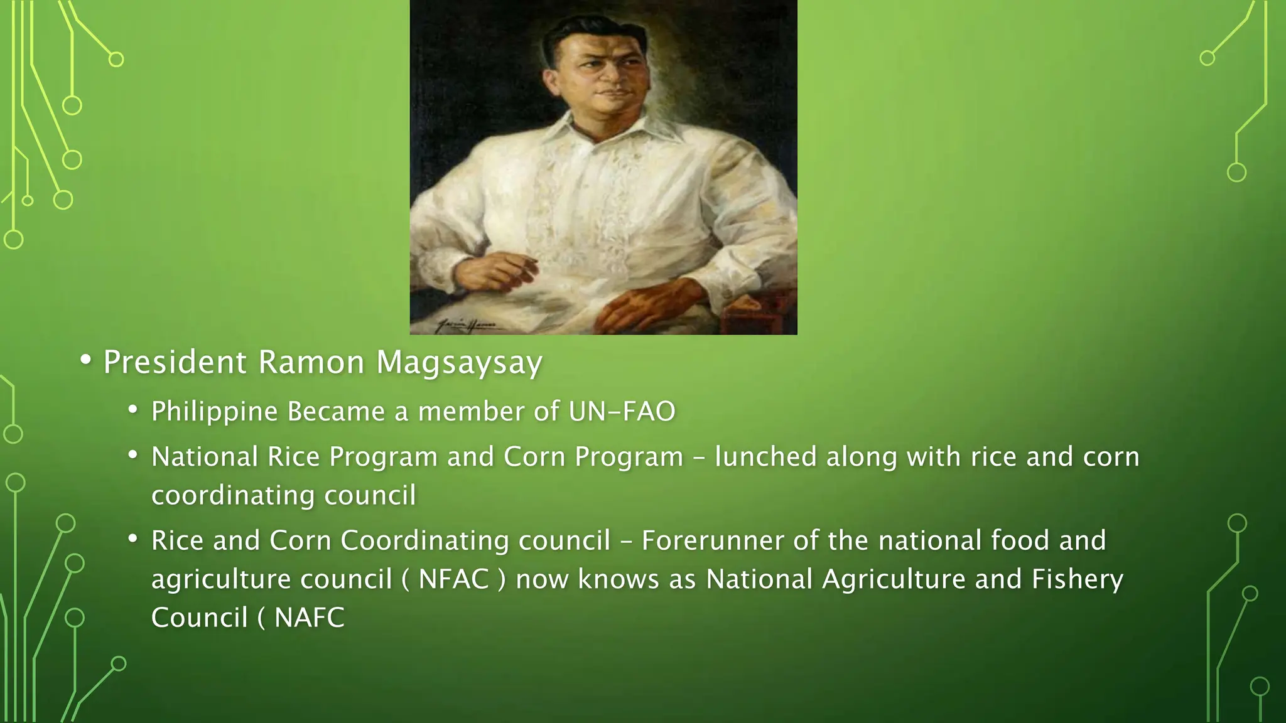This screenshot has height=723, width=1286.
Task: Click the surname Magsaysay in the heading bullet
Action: coord(459,363)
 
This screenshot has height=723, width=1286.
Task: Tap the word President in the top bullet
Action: coord(175,362)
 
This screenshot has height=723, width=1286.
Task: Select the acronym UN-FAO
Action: coord(622,412)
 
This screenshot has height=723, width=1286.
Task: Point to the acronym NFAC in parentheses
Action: coord(453,579)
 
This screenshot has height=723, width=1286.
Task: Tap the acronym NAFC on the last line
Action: coord(310,618)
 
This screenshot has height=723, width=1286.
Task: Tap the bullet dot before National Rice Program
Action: coord(132,454)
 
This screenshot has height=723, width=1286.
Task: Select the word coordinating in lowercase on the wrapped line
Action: coord(233,495)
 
